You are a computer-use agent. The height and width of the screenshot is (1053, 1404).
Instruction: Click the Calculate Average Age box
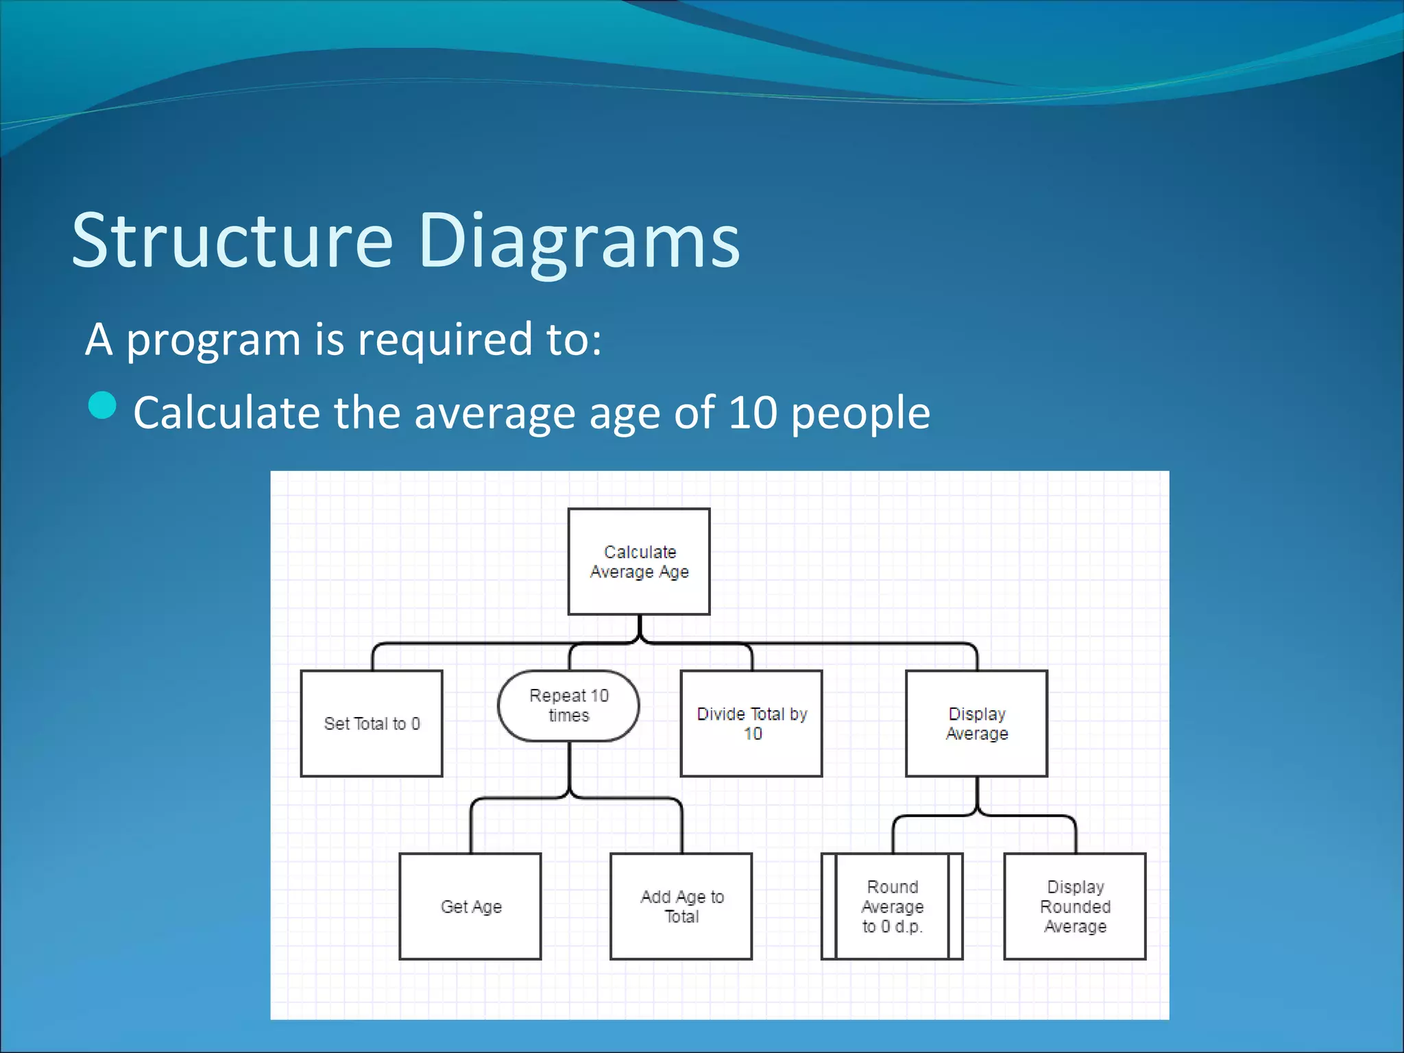[x=639, y=561]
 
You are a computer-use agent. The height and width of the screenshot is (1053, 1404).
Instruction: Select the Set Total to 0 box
[x=372, y=723]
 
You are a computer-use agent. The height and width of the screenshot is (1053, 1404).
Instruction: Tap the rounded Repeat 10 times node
[x=568, y=705]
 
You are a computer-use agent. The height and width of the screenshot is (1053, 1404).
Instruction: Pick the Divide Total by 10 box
[x=751, y=723]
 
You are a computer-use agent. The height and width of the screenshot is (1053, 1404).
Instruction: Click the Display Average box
[x=976, y=723]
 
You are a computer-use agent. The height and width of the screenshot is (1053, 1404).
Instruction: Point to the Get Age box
[x=470, y=906]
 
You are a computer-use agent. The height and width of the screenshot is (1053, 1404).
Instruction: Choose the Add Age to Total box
[x=681, y=906]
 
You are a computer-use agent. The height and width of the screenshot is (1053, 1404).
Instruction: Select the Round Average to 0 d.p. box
[x=892, y=906]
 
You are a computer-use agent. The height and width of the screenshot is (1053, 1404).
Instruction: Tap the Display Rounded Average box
[x=1075, y=906]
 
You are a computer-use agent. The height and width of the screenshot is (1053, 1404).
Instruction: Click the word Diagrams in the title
[x=579, y=241]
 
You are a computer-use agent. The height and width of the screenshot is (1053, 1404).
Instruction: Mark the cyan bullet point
[x=103, y=405]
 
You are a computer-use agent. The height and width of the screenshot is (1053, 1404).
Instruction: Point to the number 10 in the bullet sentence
[x=752, y=413]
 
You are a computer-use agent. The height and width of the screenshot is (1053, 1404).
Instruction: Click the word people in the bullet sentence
[x=860, y=414]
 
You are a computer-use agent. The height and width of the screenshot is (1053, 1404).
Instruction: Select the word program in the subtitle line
[x=213, y=341]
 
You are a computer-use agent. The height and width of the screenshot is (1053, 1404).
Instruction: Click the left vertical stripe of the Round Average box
[x=830, y=906]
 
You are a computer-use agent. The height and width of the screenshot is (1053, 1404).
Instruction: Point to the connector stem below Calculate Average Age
[x=640, y=627]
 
